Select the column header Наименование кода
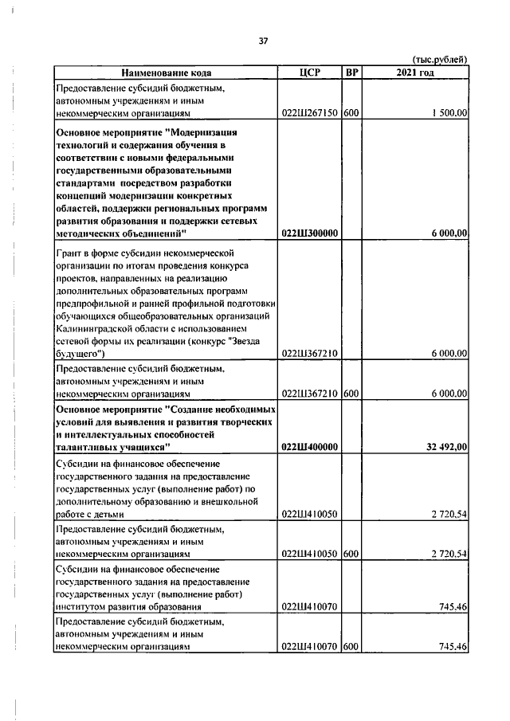click(165, 73)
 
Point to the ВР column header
click(351, 73)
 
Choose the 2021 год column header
click(415, 73)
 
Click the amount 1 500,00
click(448, 114)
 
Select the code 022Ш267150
click(310, 114)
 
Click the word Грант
click(69, 252)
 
